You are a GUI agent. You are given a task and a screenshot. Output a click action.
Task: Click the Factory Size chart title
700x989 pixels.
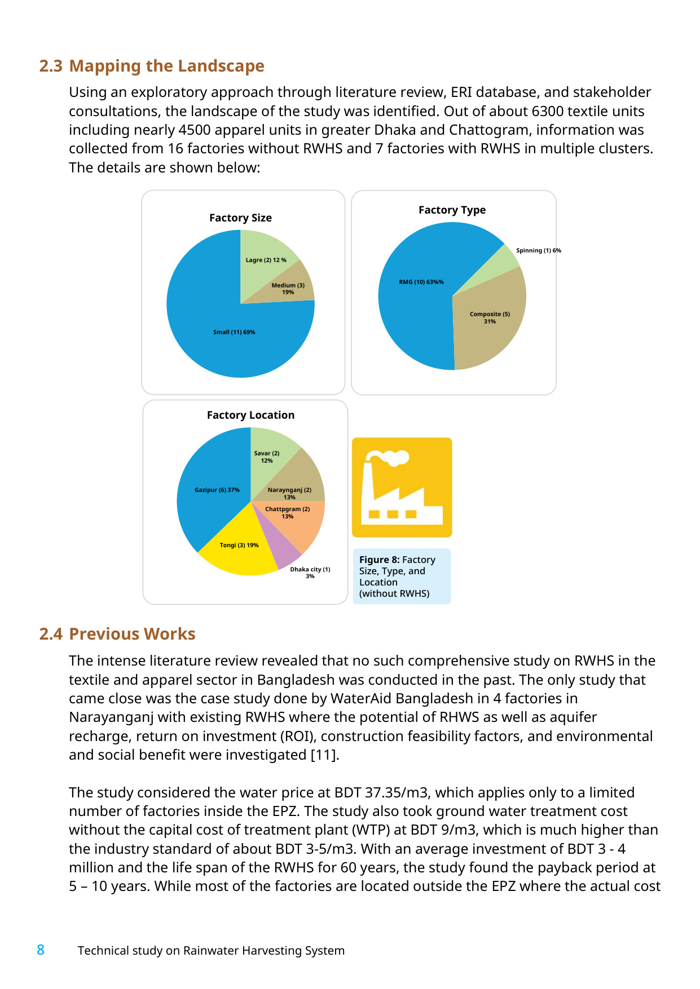(x=240, y=218)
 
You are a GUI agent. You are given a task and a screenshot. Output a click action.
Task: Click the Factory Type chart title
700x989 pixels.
(x=452, y=210)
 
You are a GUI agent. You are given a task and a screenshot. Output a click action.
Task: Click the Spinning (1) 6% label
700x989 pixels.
(x=539, y=251)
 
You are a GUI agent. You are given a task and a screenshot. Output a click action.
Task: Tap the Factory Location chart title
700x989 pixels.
(x=250, y=415)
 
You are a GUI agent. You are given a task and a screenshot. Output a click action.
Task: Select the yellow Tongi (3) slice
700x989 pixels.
(x=240, y=549)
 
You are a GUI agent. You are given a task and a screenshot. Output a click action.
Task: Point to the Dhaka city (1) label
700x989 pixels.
(x=310, y=573)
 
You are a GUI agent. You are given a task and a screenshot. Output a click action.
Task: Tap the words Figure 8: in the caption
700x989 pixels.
(x=380, y=560)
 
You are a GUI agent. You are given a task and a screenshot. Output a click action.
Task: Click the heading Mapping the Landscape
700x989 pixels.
(x=166, y=66)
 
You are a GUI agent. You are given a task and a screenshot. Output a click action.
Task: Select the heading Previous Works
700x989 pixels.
(x=132, y=634)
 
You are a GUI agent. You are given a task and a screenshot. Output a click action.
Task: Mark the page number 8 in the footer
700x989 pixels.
(x=41, y=950)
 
